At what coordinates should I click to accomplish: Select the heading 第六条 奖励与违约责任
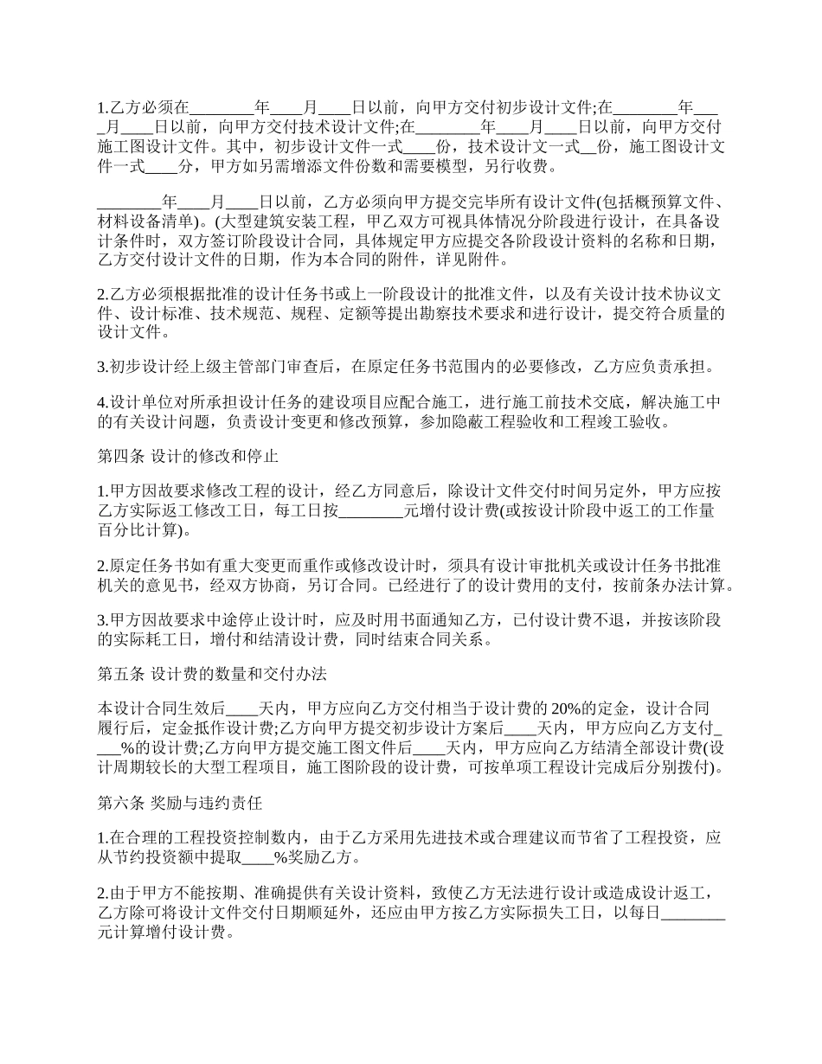pyautogui.click(x=180, y=804)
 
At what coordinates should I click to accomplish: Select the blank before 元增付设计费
pyautogui.click(x=370, y=511)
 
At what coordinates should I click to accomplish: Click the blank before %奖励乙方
pyautogui.click(x=257, y=859)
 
